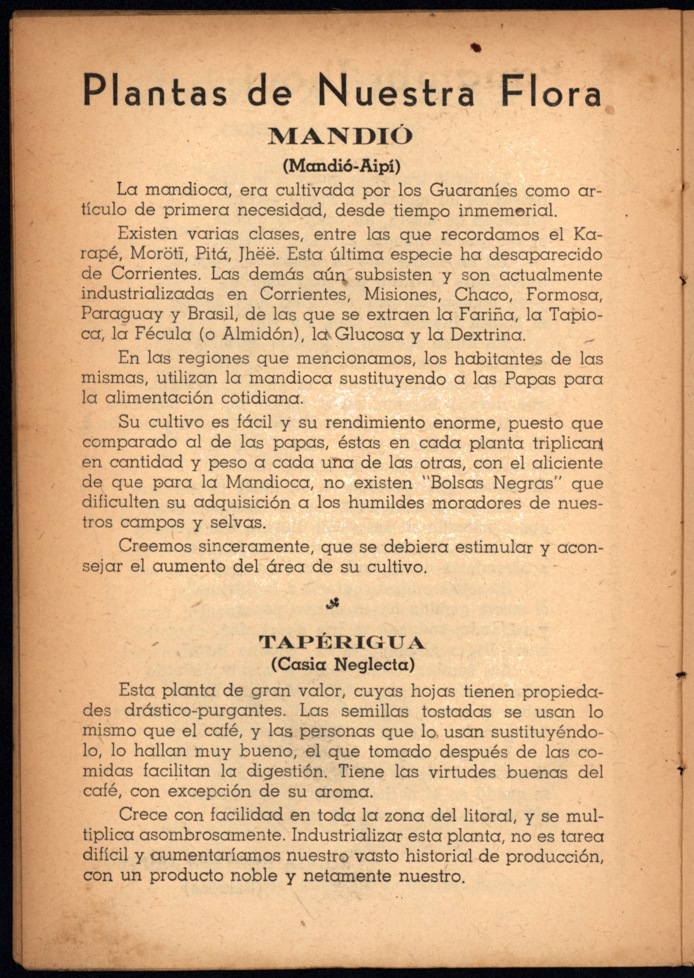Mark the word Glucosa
(x=369, y=334)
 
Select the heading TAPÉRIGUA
(x=342, y=644)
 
